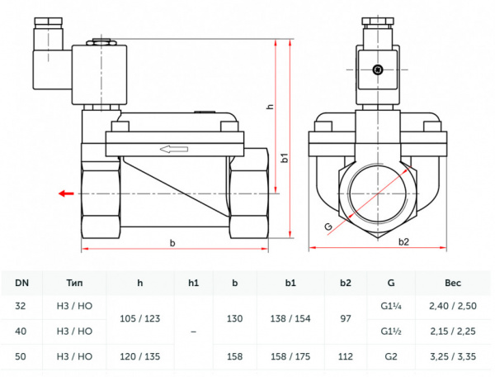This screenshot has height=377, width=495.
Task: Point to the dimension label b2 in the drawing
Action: pos(403,242)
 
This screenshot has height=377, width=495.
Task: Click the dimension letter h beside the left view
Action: pos(269,107)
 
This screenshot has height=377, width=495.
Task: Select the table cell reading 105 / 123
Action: pos(139,318)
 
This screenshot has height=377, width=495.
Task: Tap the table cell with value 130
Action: pos(234,318)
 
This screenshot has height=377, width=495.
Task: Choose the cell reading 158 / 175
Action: pos(290,356)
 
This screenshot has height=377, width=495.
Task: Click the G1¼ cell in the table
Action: pos(390,305)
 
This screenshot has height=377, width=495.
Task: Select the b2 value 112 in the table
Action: pos(345,356)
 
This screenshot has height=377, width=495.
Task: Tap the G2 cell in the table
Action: pos(390,356)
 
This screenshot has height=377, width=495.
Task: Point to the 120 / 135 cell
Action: pos(139,356)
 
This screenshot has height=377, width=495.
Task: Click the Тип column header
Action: pos(78,284)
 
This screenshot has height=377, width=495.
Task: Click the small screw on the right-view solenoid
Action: pos(379,70)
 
